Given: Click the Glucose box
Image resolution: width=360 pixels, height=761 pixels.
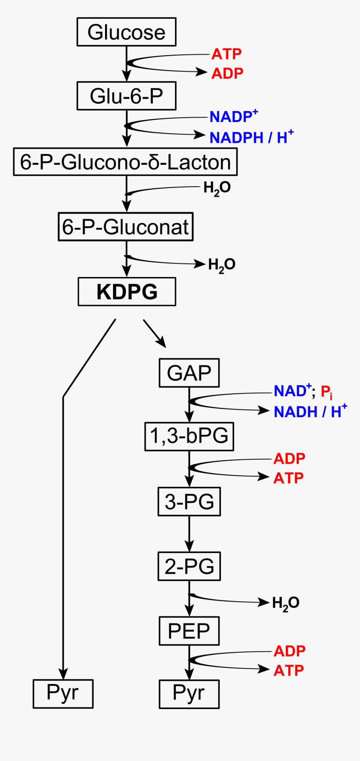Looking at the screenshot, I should coord(126,32).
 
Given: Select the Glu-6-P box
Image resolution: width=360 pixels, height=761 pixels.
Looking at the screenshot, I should coord(126,96).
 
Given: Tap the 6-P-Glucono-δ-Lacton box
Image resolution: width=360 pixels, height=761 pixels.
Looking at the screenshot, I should coord(125,162).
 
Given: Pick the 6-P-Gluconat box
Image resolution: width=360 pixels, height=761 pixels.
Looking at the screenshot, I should coord(126,227).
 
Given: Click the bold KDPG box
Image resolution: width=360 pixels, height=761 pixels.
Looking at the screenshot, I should coord(127,291).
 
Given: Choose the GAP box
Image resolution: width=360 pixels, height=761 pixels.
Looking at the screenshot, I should coord(189,373).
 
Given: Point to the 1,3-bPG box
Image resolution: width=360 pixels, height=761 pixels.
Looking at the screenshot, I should coord(189,437).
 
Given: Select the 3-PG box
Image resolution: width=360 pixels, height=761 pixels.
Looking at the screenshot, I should coord(189,501).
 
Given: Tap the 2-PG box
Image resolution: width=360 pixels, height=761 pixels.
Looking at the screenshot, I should coord(189,566).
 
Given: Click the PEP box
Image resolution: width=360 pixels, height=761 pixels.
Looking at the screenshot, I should coord(189,631).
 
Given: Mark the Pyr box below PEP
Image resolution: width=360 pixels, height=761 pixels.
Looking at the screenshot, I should coord(189,694).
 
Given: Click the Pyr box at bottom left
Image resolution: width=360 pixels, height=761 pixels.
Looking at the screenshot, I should coord(63,694).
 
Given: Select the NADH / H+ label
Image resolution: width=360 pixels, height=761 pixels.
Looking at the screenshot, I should coord(310,411).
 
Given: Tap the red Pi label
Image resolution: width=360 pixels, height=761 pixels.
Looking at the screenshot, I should coord(327,392).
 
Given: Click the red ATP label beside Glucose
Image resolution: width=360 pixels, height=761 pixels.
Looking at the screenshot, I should coord(226,54).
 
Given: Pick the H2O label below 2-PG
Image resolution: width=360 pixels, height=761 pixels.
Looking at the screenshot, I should coord(285,603).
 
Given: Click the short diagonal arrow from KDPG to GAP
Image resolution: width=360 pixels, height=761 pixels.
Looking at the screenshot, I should coord(154,333).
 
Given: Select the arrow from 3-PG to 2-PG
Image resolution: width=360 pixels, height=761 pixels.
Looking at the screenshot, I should coord(189,534).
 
